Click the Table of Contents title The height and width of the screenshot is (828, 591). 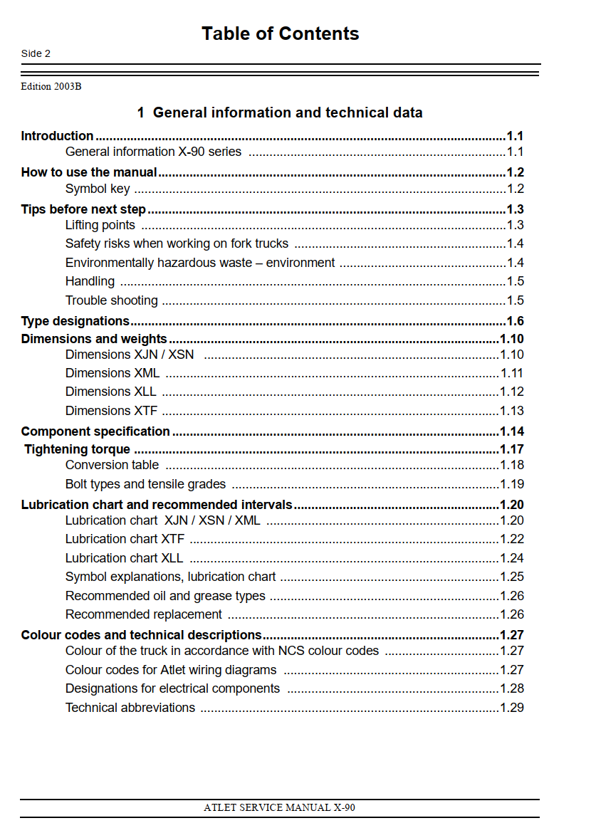click(280, 33)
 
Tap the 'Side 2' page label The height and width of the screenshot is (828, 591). click(36, 54)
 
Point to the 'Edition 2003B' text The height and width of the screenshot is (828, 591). click(51, 87)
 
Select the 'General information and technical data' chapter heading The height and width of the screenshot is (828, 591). click(280, 112)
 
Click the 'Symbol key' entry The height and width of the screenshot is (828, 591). click(98, 189)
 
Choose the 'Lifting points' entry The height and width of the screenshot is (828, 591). click(100, 225)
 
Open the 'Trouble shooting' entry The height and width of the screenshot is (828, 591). click(112, 300)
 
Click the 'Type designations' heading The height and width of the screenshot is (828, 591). click(75, 321)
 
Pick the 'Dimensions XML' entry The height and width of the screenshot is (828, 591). click(113, 373)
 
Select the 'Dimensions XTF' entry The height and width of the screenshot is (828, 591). click(111, 411)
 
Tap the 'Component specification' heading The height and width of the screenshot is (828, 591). click(95, 431)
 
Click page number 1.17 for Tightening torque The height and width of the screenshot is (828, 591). click(512, 449)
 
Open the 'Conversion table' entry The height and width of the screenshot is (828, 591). click(112, 465)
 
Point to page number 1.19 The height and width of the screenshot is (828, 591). click(512, 484)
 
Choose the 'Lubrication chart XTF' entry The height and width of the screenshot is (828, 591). click(125, 539)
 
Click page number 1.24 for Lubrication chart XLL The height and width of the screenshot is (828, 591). click(512, 558)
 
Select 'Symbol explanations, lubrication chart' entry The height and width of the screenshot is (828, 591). click(171, 577)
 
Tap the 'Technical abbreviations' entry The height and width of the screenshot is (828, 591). click(130, 708)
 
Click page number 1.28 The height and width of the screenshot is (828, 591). click(512, 688)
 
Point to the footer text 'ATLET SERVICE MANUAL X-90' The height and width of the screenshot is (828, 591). click(279, 808)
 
